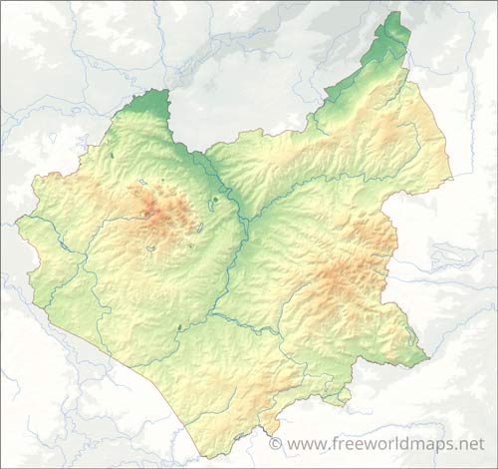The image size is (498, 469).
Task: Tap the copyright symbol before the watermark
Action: click(275, 443)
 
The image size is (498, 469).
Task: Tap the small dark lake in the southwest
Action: click(179, 326)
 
